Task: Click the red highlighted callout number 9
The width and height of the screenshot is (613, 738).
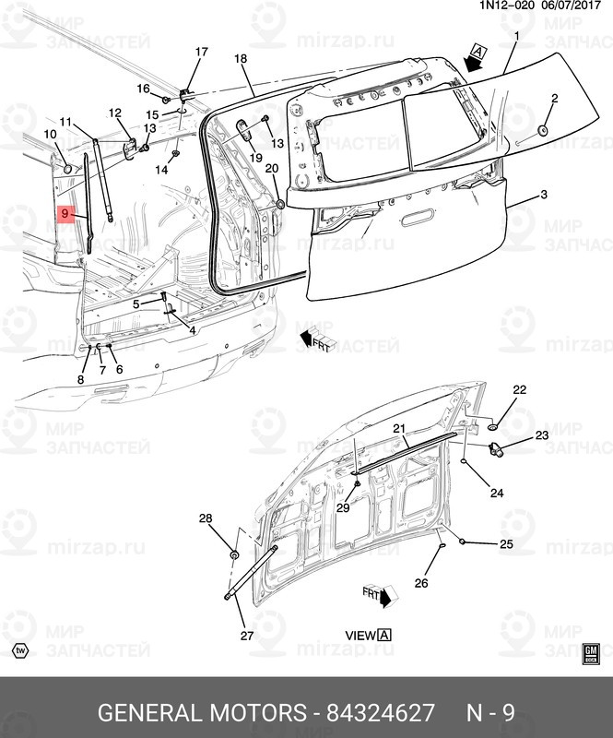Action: coord(65,214)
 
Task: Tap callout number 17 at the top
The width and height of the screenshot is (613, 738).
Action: coord(201,52)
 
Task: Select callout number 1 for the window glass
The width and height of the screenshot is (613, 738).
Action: coord(516,37)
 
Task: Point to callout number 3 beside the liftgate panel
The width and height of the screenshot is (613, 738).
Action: coord(544,195)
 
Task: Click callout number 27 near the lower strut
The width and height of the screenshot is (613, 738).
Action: coord(246,636)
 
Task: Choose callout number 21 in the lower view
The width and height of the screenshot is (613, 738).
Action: coord(399,429)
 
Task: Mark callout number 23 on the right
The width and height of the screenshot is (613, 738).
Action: coord(542,434)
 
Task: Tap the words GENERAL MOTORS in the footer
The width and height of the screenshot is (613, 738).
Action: coord(202,713)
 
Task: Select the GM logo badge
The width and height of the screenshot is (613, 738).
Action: coord(591,653)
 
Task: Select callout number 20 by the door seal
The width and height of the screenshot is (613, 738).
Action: coord(271,169)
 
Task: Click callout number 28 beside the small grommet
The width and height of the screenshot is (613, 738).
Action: coord(206,518)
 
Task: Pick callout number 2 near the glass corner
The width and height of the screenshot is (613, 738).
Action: coord(555,98)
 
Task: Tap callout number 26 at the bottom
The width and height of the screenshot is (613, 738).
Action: coord(421,582)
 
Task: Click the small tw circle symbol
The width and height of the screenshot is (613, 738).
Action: coord(20,649)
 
